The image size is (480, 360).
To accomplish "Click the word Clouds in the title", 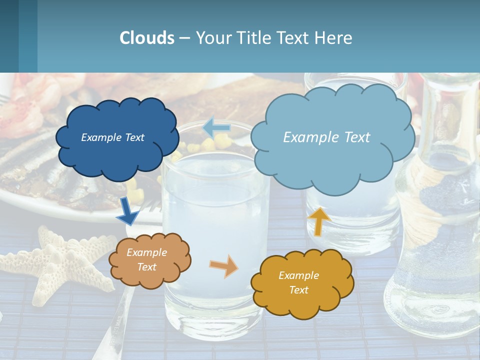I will [146, 38].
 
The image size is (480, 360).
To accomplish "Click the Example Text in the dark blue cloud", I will [112, 137].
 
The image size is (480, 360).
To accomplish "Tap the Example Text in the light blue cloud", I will [326, 137].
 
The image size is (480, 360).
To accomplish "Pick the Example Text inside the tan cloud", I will [146, 259].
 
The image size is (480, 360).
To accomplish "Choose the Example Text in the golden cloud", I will [298, 282].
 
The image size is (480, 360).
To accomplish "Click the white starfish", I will [55, 265].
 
